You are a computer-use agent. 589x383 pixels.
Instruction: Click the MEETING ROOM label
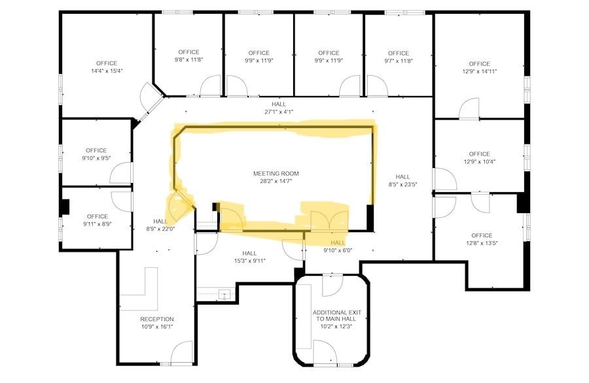(x=276, y=173)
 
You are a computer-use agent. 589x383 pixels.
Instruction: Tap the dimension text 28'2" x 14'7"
(x=276, y=181)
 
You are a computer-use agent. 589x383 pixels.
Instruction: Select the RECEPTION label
(x=157, y=319)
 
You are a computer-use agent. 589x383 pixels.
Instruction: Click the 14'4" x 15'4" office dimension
(x=105, y=71)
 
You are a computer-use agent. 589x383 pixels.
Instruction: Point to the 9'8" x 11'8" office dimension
(x=188, y=59)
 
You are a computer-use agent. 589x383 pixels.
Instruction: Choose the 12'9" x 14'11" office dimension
(x=479, y=71)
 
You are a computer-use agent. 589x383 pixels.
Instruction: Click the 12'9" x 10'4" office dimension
(x=479, y=161)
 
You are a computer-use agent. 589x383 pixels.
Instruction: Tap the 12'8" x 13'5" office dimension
(x=481, y=243)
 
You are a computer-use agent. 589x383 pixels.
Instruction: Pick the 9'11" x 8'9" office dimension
(x=97, y=224)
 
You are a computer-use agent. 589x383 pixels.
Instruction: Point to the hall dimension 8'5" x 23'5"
(x=402, y=184)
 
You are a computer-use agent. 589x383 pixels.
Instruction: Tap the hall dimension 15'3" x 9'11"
(x=249, y=261)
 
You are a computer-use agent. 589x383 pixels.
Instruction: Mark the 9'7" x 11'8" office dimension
(x=398, y=61)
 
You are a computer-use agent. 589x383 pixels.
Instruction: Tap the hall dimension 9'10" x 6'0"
(x=338, y=250)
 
